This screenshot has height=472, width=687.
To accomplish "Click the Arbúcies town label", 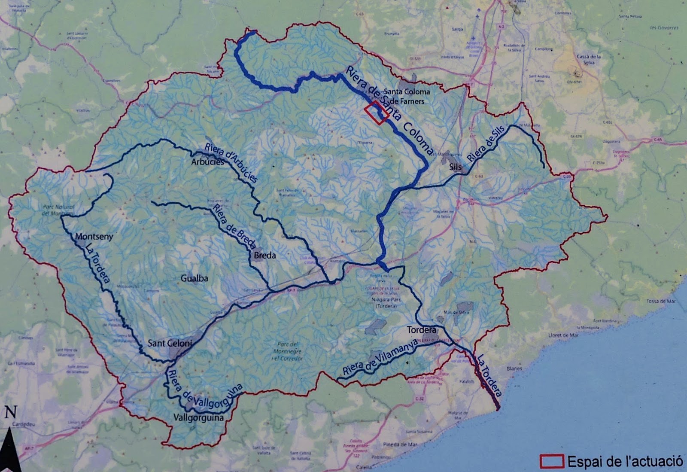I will pyautogui.click(x=207, y=162).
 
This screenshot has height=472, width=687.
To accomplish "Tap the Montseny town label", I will pyautogui.click(x=94, y=236).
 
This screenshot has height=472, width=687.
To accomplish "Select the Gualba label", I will pyautogui.click(x=194, y=278).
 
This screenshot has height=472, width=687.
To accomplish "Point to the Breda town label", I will pyautogui.click(x=265, y=255).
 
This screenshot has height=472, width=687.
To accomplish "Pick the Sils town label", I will pyautogui.click(x=455, y=167).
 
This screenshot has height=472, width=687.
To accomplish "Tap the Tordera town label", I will pyautogui.click(x=421, y=330).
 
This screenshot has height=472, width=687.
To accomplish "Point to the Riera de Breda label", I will pyautogui.click(x=234, y=228).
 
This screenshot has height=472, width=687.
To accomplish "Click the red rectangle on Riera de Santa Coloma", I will pyautogui.click(x=377, y=113).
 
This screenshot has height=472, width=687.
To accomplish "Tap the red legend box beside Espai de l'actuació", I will pyautogui.click(x=551, y=461).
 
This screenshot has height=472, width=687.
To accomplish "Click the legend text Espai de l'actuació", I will pyautogui.click(x=625, y=462).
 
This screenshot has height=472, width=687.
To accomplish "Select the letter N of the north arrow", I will pyautogui.click(x=10, y=413).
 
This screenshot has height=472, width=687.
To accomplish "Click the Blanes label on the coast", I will pyautogui.click(x=514, y=368).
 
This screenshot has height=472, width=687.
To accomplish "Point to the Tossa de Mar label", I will pyautogui.click(x=661, y=301).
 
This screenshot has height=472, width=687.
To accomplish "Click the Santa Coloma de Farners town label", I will pyautogui.click(x=406, y=96).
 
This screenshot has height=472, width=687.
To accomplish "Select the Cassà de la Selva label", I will pyautogui.click(x=588, y=59).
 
